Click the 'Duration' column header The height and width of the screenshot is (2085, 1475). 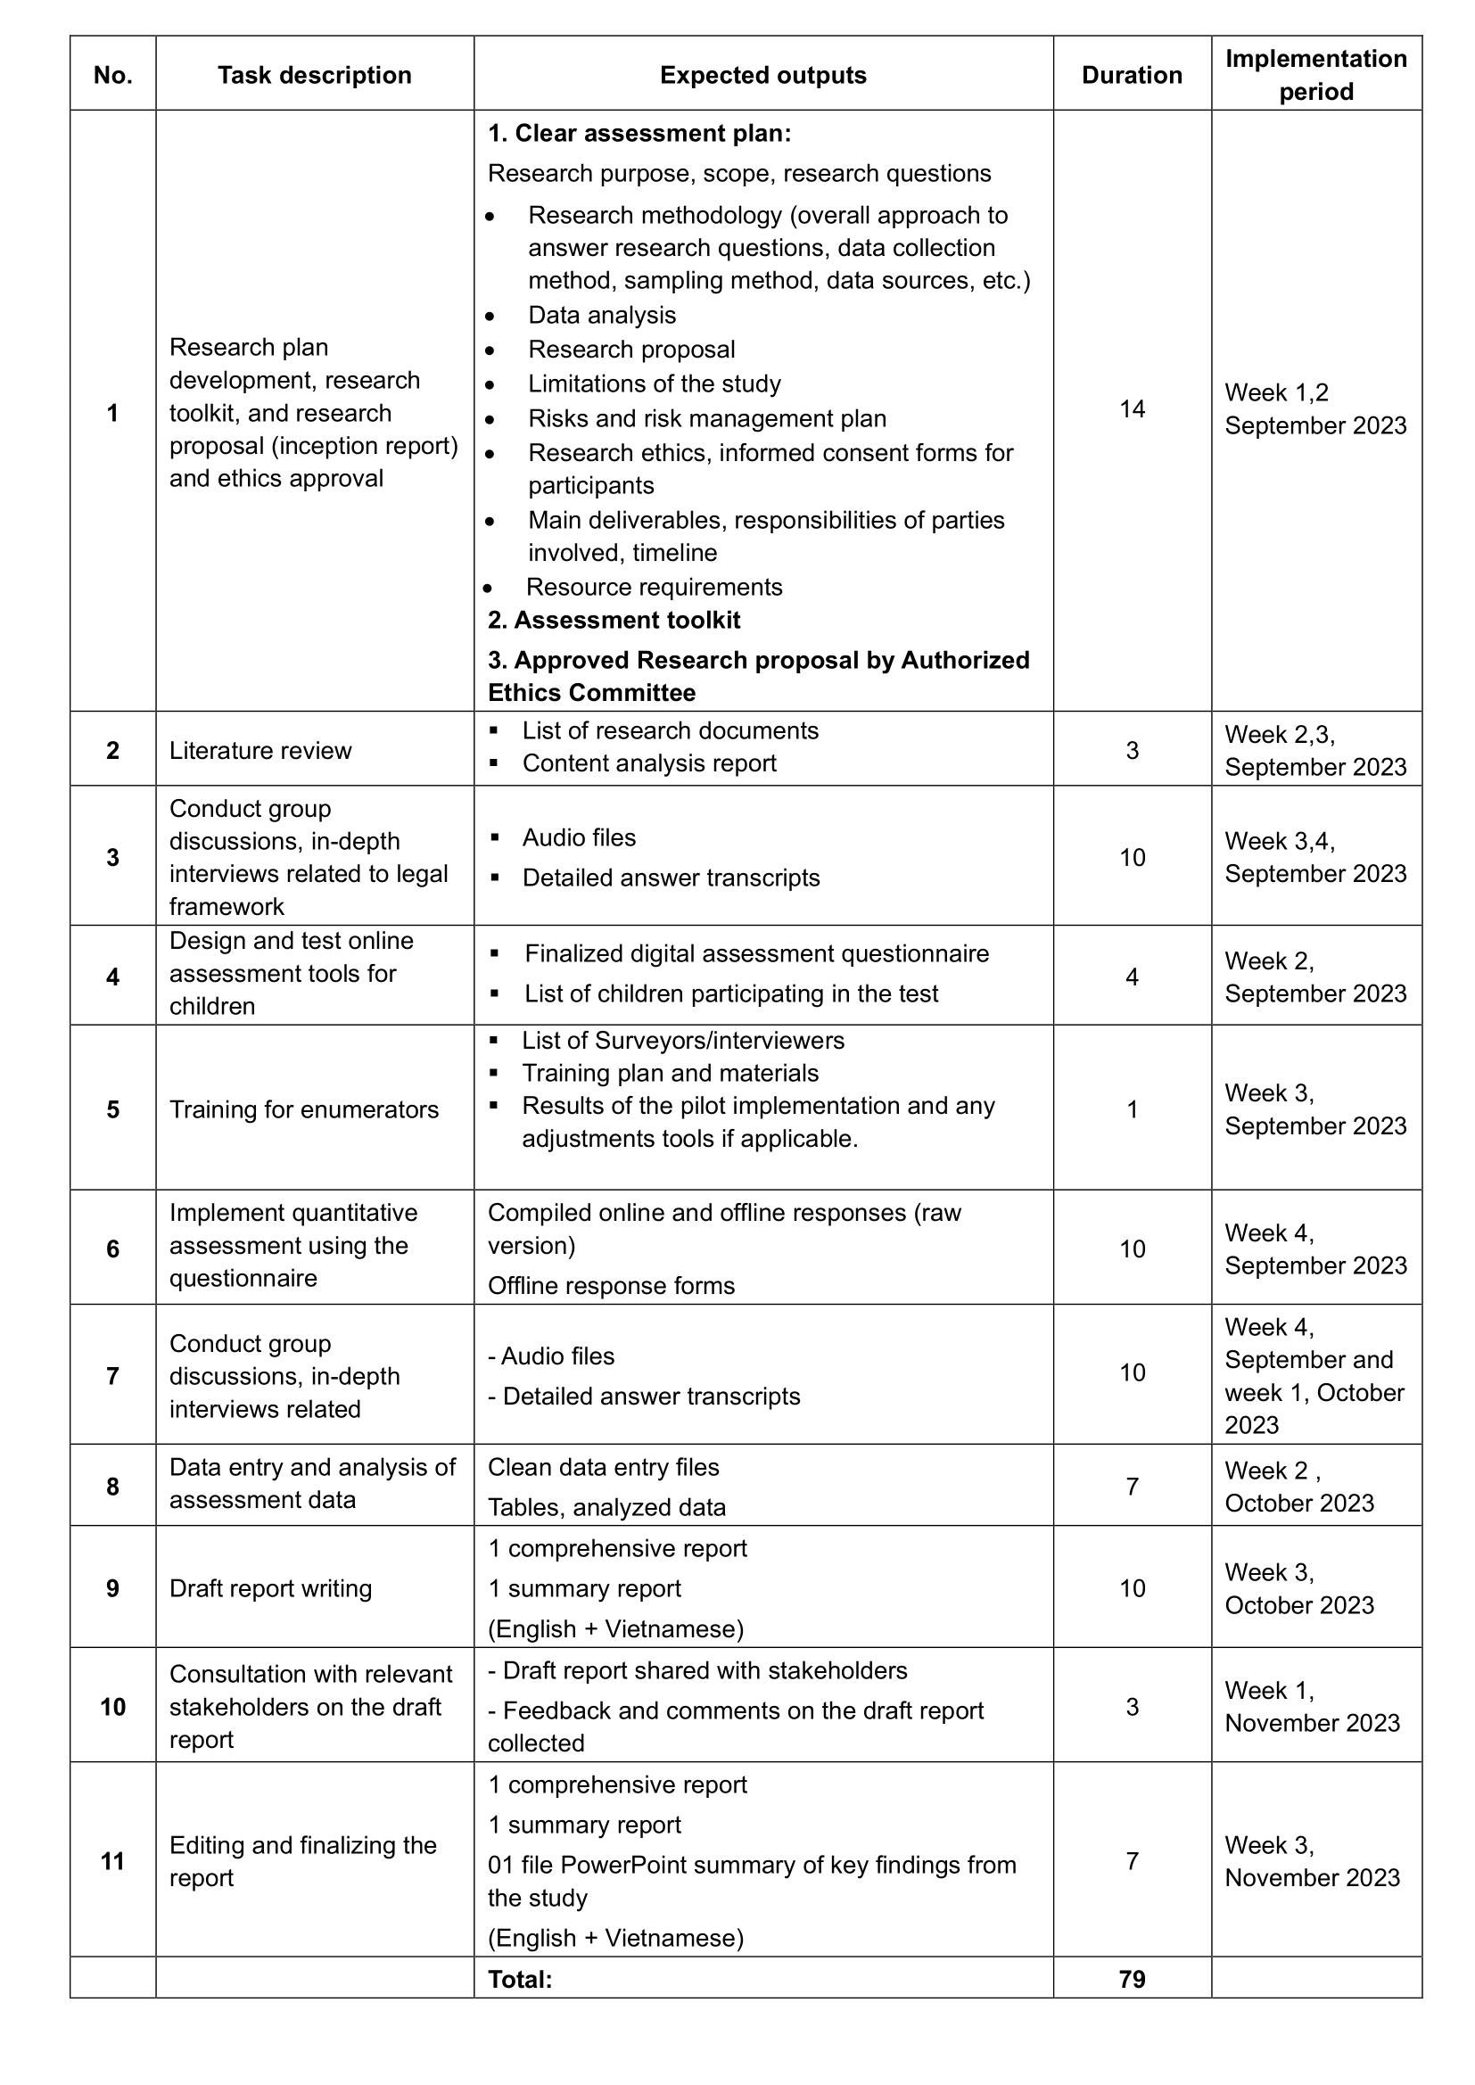(1131, 75)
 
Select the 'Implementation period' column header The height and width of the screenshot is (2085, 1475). (1315, 75)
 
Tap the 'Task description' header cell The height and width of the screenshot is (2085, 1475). (314, 75)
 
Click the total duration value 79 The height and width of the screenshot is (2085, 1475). (1132, 1979)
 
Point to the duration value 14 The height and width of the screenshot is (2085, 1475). (1132, 408)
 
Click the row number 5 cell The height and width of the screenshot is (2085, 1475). (112, 1108)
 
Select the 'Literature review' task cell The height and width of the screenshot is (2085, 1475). (260, 750)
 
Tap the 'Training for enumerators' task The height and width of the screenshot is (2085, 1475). (304, 1108)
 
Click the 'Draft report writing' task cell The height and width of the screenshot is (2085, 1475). (271, 1588)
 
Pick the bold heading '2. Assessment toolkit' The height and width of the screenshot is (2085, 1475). (614, 620)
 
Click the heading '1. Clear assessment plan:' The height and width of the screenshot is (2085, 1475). (639, 134)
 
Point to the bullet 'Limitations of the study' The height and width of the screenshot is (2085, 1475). (654, 383)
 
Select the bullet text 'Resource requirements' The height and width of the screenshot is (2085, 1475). (654, 587)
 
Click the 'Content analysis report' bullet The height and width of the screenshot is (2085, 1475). (648, 762)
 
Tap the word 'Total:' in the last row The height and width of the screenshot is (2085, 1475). (521, 1979)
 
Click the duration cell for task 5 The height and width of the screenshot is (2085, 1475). (1132, 1108)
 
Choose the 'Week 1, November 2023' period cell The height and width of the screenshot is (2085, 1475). (1313, 1706)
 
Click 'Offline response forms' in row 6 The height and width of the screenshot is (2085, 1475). (611, 1285)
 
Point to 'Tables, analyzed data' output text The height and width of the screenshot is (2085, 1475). (606, 1507)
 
